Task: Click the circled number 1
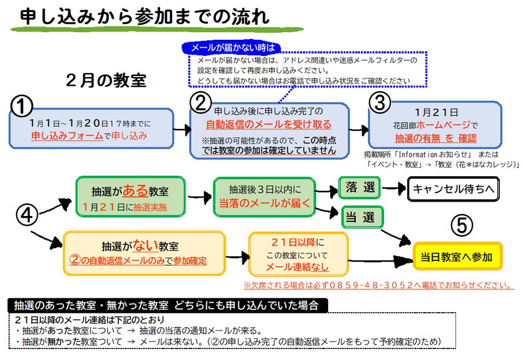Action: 22,105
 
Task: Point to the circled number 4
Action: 27,215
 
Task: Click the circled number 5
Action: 460,226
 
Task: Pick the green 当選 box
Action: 361,217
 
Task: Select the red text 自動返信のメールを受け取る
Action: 268,124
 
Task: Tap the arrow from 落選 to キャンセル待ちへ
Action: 393,188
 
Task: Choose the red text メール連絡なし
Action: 297,267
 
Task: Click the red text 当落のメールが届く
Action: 265,202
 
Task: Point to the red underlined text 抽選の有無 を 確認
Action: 435,138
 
